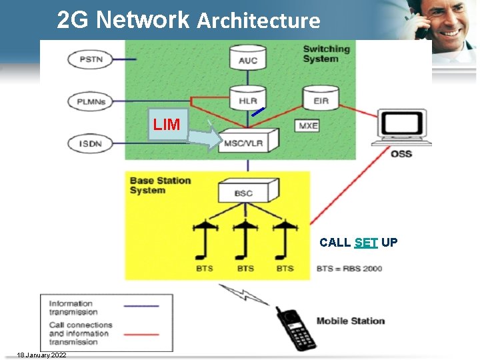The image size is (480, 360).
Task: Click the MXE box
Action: (x=308, y=125)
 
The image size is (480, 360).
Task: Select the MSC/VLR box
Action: (x=248, y=141)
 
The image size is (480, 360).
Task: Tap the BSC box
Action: (x=244, y=192)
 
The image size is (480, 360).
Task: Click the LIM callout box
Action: (x=167, y=124)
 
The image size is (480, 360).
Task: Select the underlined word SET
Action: (x=366, y=243)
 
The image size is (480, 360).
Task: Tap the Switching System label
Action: (x=326, y=53)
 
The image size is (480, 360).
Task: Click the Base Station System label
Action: (x=160, y=185)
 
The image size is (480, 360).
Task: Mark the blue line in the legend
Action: (x=141, y=306)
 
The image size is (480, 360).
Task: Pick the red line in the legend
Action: (x=141, y=333)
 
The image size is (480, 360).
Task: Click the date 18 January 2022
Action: (x=41, y=355)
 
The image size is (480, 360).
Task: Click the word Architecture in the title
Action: (x=259, y=21)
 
